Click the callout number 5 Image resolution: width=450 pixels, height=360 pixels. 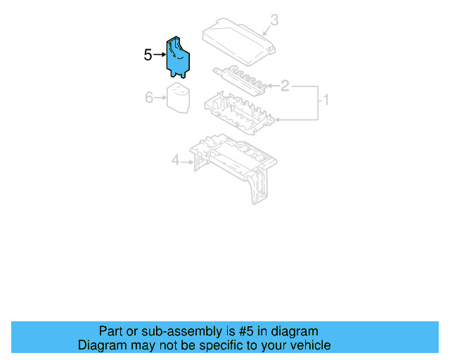point(148,55)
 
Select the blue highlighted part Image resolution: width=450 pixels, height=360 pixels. point(179,56)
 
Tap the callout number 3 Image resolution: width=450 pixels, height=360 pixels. point(274,20)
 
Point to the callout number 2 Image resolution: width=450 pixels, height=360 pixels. point(285,86)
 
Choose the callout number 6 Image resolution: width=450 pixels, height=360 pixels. point(149,98)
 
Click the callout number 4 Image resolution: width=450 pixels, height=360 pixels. point(176,162)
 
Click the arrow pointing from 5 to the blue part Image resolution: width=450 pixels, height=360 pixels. point(160,55)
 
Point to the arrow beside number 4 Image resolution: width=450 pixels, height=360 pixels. point(188,162)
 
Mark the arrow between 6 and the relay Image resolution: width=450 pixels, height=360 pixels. point(160,98)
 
